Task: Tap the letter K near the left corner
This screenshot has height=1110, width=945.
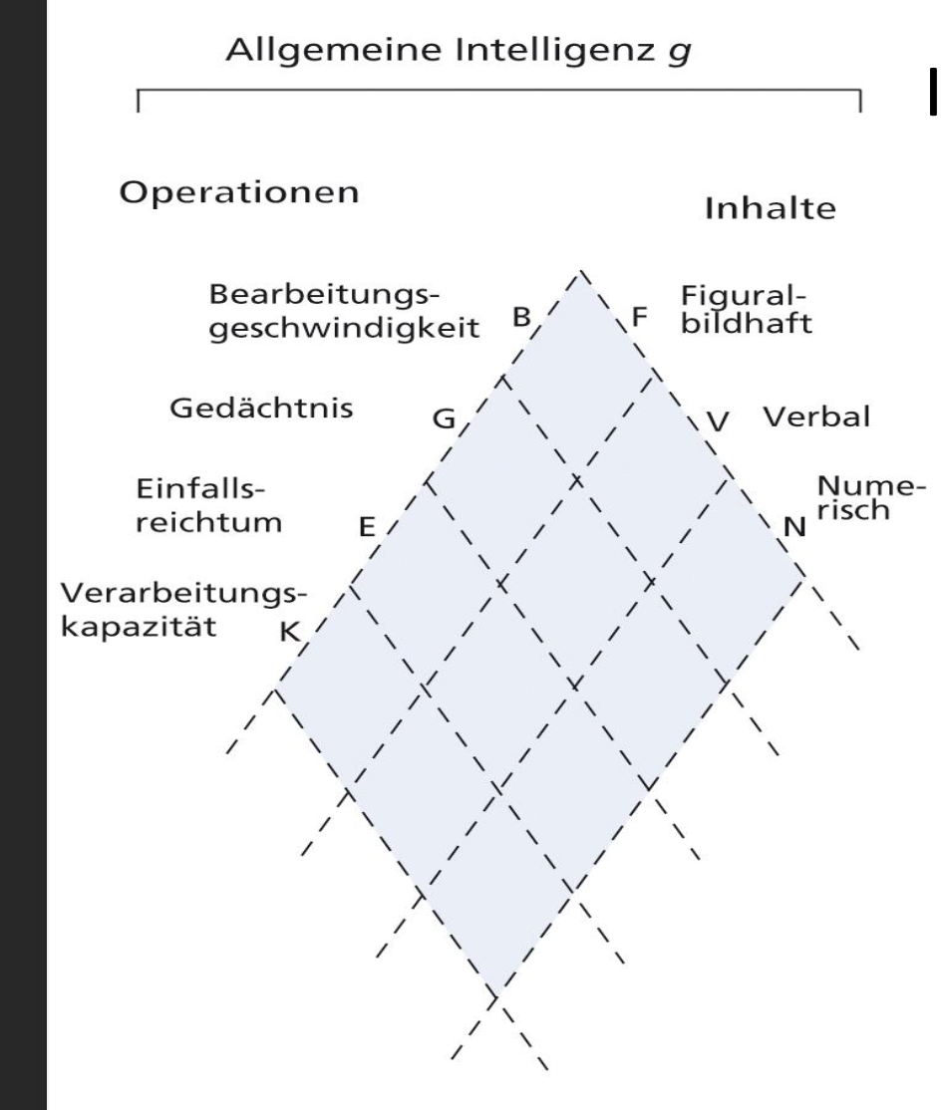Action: (290, 632)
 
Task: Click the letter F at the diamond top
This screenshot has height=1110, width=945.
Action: (639, 319)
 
